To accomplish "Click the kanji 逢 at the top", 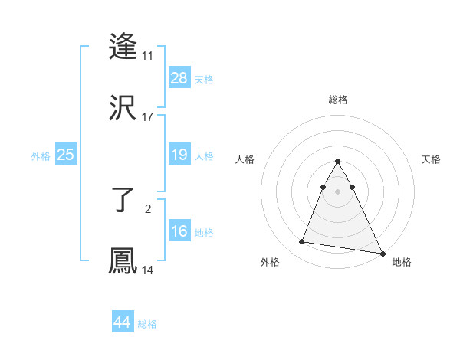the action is [123, 47].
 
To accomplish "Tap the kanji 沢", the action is [123, 107].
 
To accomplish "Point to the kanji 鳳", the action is [123, 260].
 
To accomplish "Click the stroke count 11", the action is [147, 56].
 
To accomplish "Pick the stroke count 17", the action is [147, 116].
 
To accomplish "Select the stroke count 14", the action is [147, 270].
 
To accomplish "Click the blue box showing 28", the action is [179, 78].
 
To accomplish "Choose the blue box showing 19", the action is [179, 155].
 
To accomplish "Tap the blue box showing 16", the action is [179, 231].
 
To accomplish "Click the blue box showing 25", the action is [66, 155].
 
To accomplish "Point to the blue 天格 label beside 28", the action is [203, 80].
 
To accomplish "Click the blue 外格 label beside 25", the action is [41, 156].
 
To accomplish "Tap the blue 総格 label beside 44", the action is [147, 324].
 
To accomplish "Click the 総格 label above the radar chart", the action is [337, 100].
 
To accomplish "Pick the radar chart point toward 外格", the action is [302, 242].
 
